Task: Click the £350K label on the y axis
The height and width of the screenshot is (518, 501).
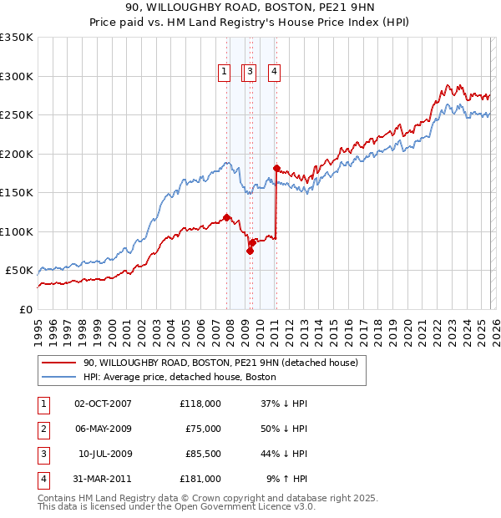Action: [x=17, y=38]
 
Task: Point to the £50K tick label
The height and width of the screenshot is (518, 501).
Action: [x=19, y=271]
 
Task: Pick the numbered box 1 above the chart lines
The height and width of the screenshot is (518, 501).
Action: [x=225, y=73]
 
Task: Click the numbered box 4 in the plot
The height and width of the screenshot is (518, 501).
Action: [x=274, y=73]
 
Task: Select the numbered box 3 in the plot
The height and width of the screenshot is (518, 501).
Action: [x=250, y=73]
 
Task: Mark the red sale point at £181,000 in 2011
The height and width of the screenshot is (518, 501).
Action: [x=276, y=169]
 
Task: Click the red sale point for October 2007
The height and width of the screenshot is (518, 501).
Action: [x=226, y=217]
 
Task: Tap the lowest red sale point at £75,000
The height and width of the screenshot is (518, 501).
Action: [x=250, y=251]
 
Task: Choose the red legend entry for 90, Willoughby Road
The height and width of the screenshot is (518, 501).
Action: [x=220, y=363]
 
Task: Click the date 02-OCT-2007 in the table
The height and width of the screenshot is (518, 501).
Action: [x=103, y=404]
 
